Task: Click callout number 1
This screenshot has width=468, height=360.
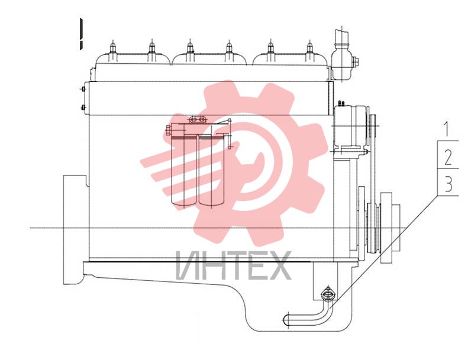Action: pyautogui.click(x=447, y=129)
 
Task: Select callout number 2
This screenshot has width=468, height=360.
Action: pyautogui.click(x=448, y=157)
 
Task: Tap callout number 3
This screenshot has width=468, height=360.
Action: pyautogui.click(x=448, y=184)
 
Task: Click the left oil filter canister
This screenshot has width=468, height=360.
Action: pyautogui.click(x=184, y=170)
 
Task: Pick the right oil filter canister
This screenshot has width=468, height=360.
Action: pyautogui.click(x=212, y=170)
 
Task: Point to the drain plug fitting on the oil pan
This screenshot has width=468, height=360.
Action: pyautogui.click(x=328, y=294)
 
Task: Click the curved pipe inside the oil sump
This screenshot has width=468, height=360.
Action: pyautogui.click(x=311, y=316)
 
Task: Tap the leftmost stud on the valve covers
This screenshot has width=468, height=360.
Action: pyautogui.click(x=112, y=50)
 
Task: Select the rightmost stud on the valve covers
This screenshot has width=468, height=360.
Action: pyautogui.click(x=309, y=50)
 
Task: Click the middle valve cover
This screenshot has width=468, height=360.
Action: pyautogui.click(x=209, y=59)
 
